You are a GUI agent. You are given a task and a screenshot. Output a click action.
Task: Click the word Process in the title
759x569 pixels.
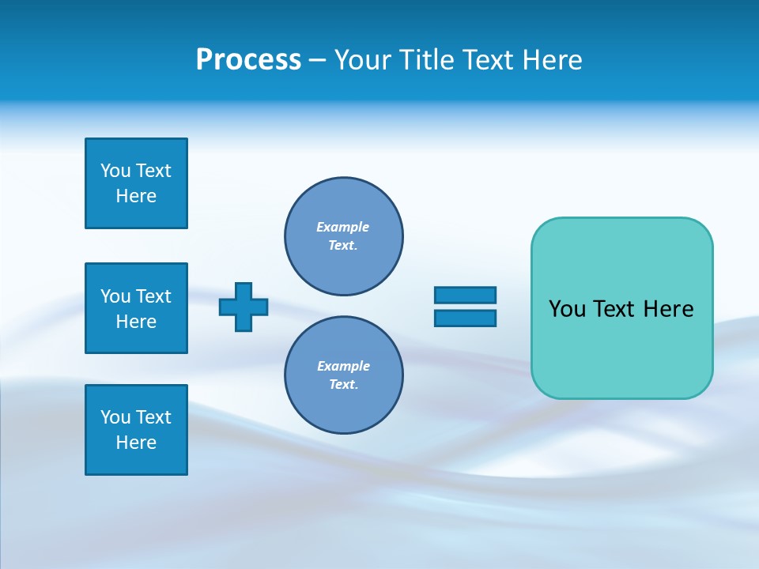click(x=248, y=60)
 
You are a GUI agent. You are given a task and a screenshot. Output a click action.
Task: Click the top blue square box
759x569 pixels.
click(x=136, y=183)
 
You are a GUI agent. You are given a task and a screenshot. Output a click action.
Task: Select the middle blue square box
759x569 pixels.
click(x=136, y=308)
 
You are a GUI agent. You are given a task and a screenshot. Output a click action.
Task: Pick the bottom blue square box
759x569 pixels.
click(x=136, y=430)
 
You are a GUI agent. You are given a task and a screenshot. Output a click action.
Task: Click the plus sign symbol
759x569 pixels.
click(x=244, y=307)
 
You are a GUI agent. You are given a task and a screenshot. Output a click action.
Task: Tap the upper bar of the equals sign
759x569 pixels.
click(x=465, y=295)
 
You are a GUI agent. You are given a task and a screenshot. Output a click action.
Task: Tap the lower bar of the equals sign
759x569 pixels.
click(x=465, y=318)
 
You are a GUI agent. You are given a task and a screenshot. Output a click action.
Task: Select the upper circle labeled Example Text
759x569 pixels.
click(x=343, y=236)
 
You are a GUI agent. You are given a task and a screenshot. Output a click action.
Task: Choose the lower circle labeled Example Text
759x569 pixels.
click(x=343, y=375)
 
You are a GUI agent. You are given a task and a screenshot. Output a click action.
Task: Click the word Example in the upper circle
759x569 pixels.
click(x=342, y=227)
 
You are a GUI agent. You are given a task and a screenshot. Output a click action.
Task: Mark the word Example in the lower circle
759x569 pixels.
click(x=343, y=366)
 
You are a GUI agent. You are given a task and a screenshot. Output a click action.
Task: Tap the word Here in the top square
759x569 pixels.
click(x=136, y=196)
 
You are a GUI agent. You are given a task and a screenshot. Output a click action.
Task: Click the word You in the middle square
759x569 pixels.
click(x=115, y=296)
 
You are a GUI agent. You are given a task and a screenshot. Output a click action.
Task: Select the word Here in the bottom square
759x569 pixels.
click(x=136, y=443)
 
